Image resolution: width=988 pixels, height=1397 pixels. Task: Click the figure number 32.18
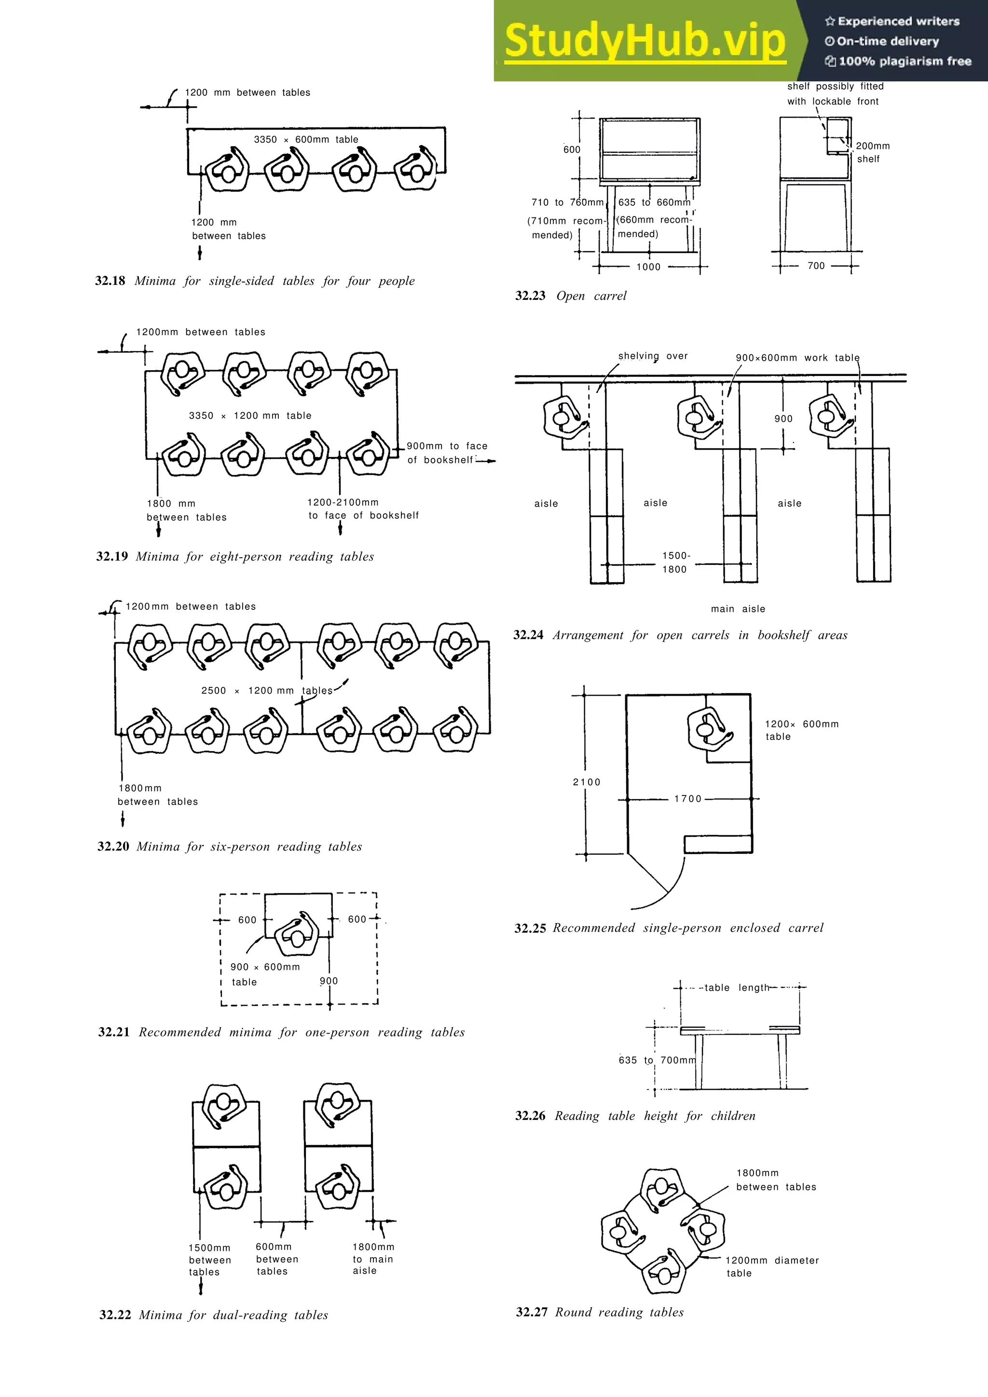110,281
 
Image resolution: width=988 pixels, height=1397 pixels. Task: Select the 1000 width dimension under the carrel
648,267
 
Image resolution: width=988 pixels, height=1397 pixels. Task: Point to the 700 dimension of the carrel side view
816,266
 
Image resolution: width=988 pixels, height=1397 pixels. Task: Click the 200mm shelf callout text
872,152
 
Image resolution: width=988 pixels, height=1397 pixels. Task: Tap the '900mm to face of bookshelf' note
446,453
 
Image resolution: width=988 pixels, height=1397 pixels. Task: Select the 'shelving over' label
653,356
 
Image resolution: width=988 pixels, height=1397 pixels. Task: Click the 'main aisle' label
738,608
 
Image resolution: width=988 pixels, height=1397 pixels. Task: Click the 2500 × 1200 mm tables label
267,691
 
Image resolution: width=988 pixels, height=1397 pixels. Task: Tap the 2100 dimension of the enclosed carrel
586,782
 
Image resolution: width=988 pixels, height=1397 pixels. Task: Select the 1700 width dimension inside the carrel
688,799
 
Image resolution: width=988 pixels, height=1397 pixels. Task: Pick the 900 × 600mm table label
265,974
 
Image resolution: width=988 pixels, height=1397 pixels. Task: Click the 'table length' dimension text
737,988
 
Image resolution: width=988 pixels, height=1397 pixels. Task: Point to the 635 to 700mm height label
656,1060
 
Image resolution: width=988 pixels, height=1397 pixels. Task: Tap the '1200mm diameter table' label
771,1266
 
